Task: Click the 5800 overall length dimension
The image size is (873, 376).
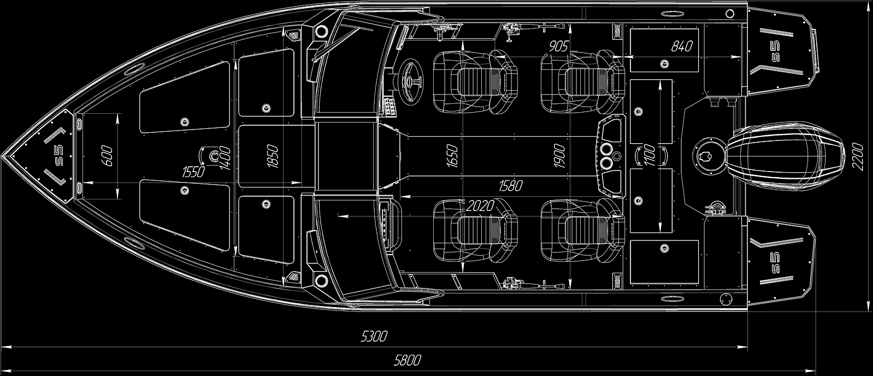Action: [x=407, y=360]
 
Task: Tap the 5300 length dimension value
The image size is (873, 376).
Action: [x=374, y=336]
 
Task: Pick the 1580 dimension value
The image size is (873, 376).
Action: [x=510, y=186]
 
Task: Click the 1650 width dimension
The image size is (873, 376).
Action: [x=452, y=156]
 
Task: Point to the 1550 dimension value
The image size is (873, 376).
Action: [x=193, y=173]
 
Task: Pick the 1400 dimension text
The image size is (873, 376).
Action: [x=222, y=157]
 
